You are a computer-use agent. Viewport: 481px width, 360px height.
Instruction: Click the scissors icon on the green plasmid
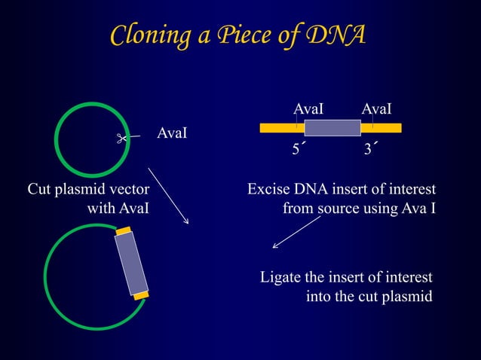click(120, 138)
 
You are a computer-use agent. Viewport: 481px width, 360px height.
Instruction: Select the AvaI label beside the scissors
click(172, 133)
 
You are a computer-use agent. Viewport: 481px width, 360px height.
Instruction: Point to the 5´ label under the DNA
click(299, 150)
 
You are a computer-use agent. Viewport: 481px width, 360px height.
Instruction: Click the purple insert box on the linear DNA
click(332, 127)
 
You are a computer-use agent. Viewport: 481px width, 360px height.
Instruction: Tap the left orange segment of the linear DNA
click(282, 128)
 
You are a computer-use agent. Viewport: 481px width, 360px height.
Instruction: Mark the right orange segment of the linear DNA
click(381, 128)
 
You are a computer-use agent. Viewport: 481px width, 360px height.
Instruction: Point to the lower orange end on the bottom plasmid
click(141, 295)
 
